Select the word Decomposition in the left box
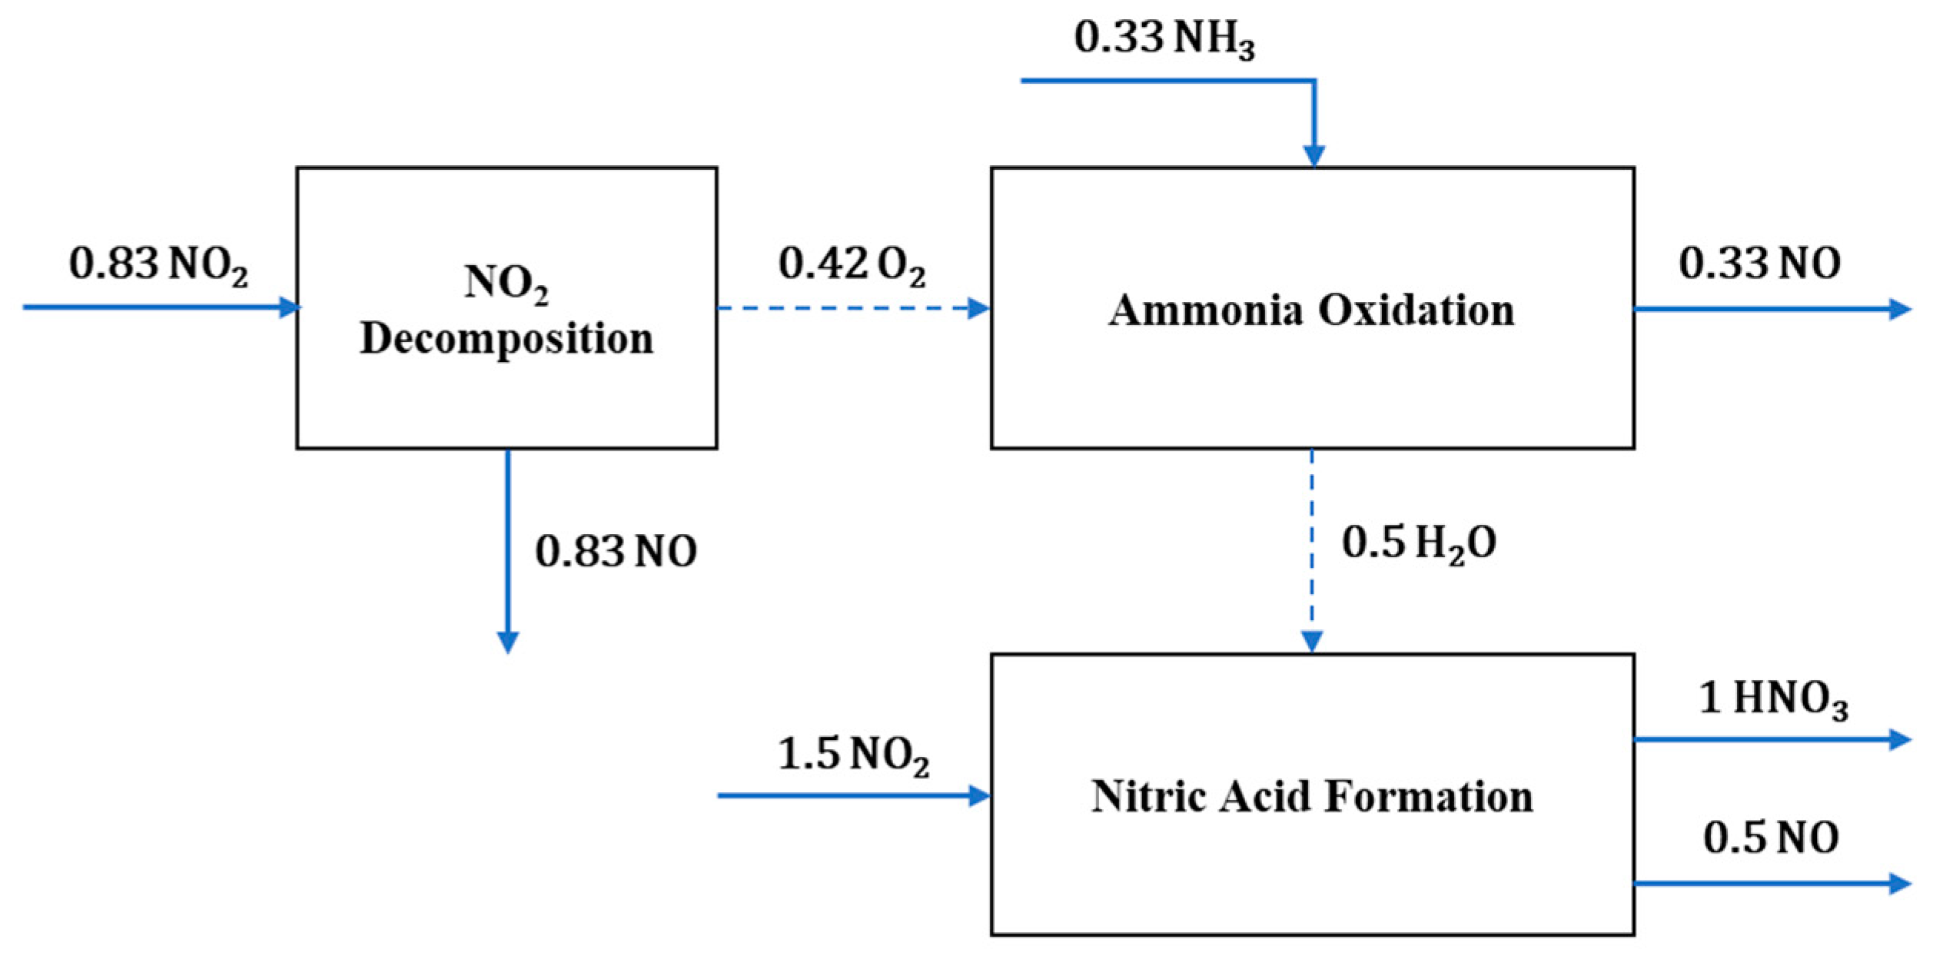[x=506, y=339]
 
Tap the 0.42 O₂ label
[x=852, y=265]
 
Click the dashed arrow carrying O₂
[x=845, y=309]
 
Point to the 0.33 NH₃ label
[x=1164, y=38]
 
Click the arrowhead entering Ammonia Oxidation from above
[x=1314, y=156]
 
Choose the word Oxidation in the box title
[x=1417, y=310]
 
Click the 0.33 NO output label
[x=1759, y=264]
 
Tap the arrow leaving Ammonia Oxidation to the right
[x=1768, y=310]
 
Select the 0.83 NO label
[x=616, y=552]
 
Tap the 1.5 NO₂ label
[x=853, y=755]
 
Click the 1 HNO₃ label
[x=1773, y=699]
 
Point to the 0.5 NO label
[x=1771, y=838]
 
